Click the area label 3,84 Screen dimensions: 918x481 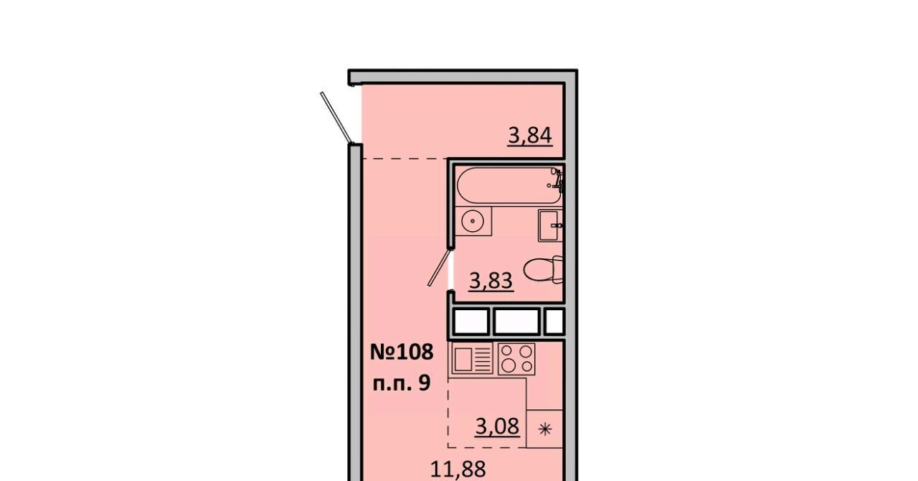coord(530,136)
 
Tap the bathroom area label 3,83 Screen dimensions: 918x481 coord(491,281)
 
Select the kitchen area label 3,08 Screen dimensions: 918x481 coord(498,427)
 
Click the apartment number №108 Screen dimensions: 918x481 coord(402,352)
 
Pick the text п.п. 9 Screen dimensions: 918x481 coord(402,384)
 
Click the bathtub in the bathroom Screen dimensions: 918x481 coord(508,185)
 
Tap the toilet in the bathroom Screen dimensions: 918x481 coord(544,270)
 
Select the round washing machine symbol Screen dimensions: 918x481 coord(473,221)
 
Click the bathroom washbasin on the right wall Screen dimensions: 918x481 coord(550,225)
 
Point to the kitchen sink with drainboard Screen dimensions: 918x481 coord(472,359)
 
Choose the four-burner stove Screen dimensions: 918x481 coord(516,359)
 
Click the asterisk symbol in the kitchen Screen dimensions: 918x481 coord(545,430)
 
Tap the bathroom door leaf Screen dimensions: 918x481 coord(439,267)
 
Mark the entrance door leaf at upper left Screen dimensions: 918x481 coord(336,118)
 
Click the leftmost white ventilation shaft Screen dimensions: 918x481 coord(471,322)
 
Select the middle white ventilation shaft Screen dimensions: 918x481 coord(516,322)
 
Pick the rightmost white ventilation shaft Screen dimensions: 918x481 coord(554,322)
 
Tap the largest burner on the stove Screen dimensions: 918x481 coord(508,365)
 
